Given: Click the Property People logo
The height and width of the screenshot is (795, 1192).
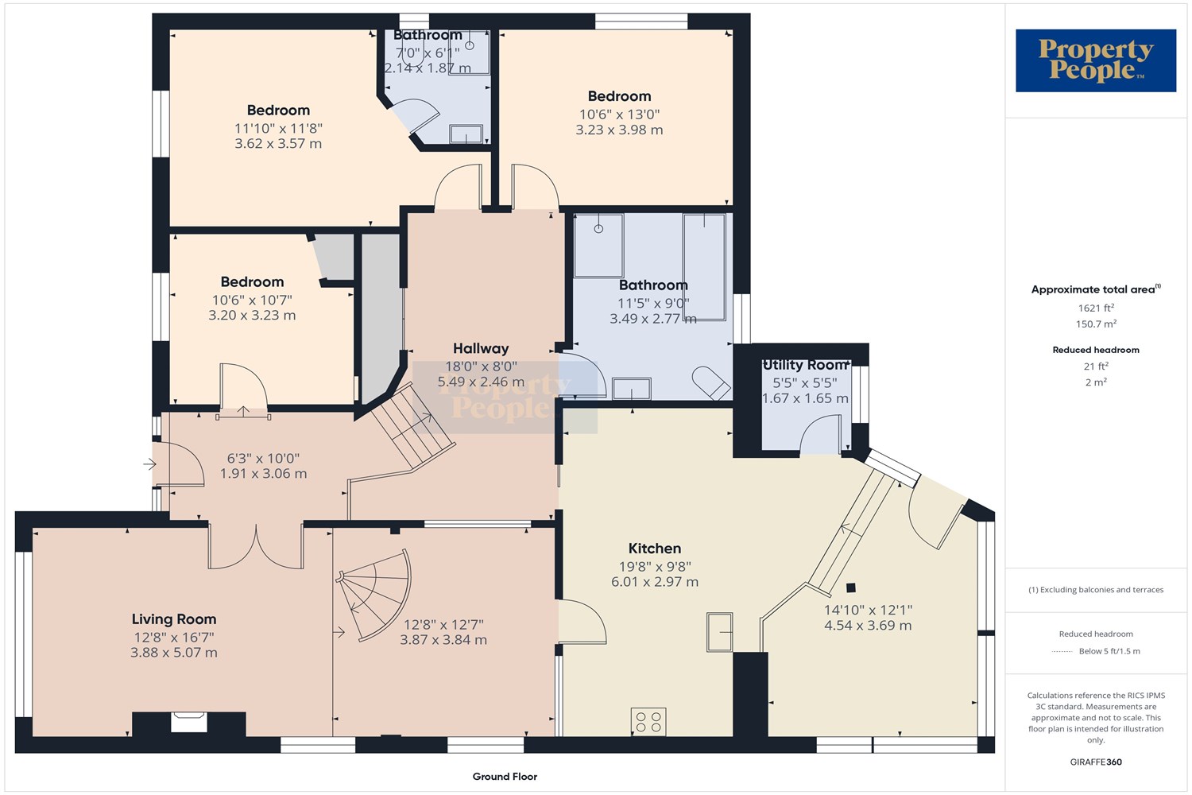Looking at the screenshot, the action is tap(1095, 60).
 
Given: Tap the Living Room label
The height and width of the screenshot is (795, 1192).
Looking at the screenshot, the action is tap(174, 619).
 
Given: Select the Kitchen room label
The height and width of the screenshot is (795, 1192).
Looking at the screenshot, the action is tap(655, 549).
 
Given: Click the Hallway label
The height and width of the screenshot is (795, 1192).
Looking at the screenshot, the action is tap(481, 349).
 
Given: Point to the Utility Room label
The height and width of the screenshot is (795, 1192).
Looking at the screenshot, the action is tap(805, 365).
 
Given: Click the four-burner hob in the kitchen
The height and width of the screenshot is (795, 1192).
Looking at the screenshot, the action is tap(648, 722).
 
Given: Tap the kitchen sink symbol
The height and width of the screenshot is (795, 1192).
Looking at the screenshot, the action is tap(719, 632).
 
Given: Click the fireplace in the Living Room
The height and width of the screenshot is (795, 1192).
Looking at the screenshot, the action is tap(189, 723).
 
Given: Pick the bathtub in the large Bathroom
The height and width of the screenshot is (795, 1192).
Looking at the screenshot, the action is tap(704, 267).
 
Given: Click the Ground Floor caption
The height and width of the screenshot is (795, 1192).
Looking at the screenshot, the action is tap(505, 777).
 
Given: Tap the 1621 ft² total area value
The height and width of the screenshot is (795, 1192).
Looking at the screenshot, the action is tap(1096, 308).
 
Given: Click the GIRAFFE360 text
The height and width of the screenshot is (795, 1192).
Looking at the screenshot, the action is tap(1096, 762).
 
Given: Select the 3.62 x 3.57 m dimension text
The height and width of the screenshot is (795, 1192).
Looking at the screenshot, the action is tap(278, 144).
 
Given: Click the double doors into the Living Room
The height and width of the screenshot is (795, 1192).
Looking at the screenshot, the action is tap(256, 548).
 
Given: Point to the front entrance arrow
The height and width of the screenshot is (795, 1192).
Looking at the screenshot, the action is tap(149, 465).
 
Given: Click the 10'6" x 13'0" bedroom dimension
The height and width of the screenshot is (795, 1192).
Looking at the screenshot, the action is tap(619, 114).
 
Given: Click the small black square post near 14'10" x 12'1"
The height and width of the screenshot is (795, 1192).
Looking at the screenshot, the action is tap(851, 588).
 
